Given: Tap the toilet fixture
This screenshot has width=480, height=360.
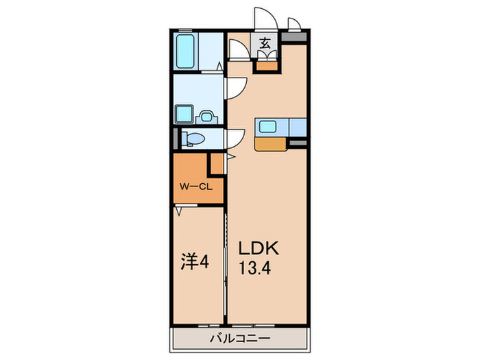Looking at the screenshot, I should [193, 139].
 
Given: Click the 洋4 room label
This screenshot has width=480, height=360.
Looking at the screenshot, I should [195, 261].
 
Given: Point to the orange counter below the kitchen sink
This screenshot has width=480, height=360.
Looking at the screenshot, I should [272, 143].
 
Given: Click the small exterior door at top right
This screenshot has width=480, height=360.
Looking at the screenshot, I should [294, 25].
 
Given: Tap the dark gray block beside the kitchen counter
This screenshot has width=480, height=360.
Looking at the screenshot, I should [297, 142].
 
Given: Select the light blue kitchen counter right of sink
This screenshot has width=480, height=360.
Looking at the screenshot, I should [296, 128].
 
